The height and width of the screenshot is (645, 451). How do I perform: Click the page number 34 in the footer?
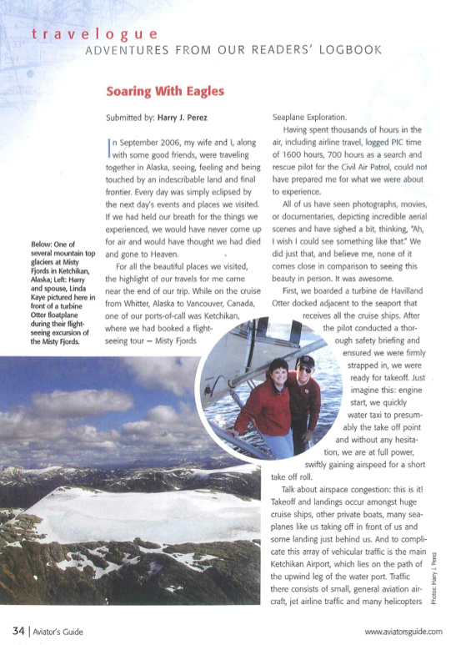pyautogui.click(x=17, y=631)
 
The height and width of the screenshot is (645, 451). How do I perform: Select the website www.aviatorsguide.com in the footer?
pyautogui.click(x=403, y=632)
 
